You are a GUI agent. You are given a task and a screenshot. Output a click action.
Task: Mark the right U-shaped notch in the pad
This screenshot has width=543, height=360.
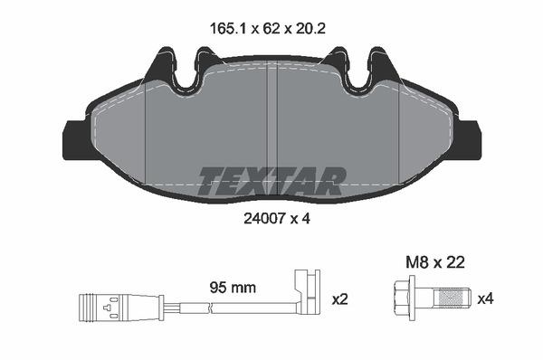click(354, 78)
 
